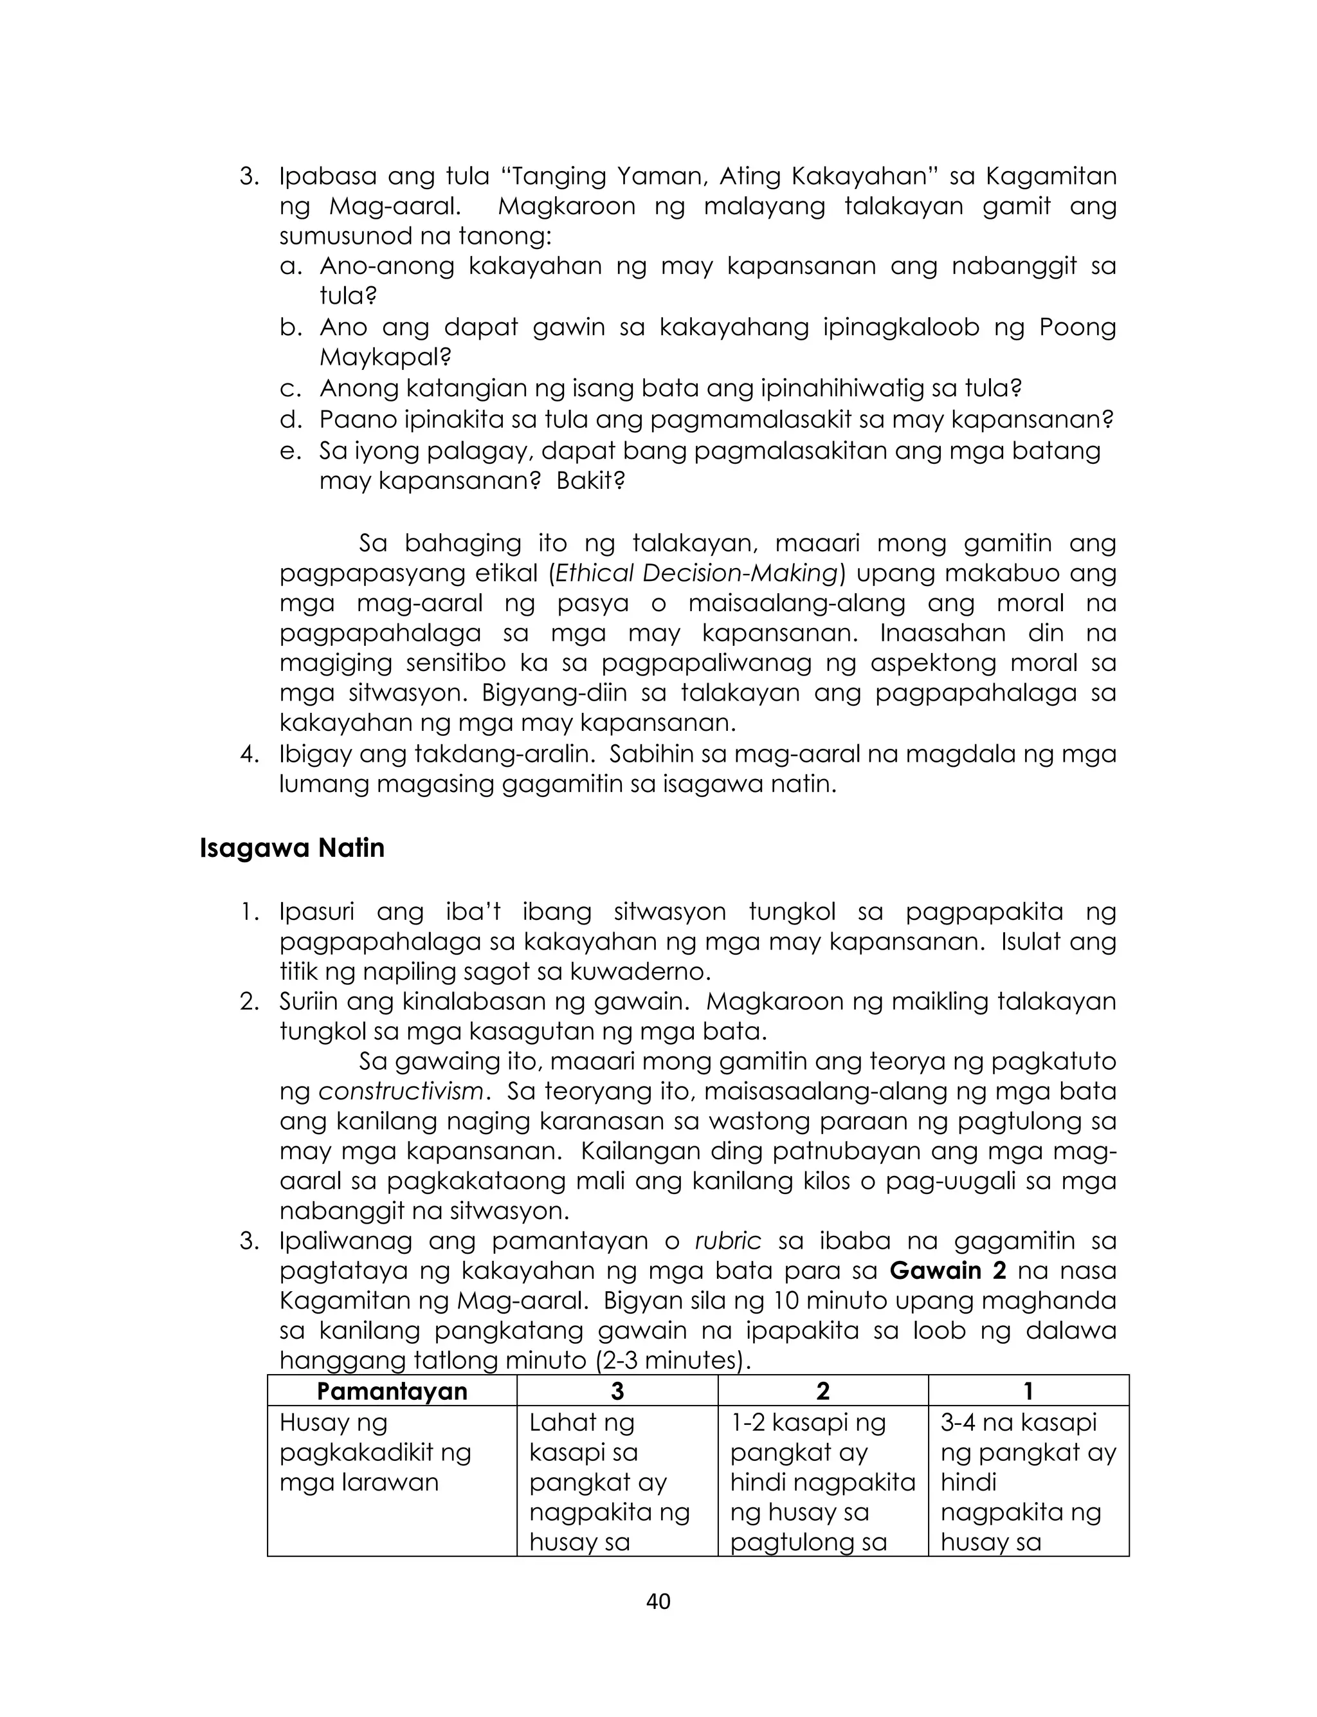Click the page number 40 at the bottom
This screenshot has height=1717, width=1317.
(x=658, y=1601)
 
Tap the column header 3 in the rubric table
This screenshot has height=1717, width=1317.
(x=617, y=1391)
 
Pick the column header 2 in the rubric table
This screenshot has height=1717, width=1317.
(x=822, y=1391)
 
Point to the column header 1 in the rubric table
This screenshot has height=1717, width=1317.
(x=1028, y=1391)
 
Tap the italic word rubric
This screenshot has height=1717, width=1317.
(x=727, y=1240)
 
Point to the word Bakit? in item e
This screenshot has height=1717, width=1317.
(x=590, y=481)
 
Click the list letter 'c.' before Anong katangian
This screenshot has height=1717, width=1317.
(x=290, y=389)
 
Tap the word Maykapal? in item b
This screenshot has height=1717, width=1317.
(x=385, y=358)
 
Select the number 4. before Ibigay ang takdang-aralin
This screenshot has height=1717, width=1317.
(x=248, y=754)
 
